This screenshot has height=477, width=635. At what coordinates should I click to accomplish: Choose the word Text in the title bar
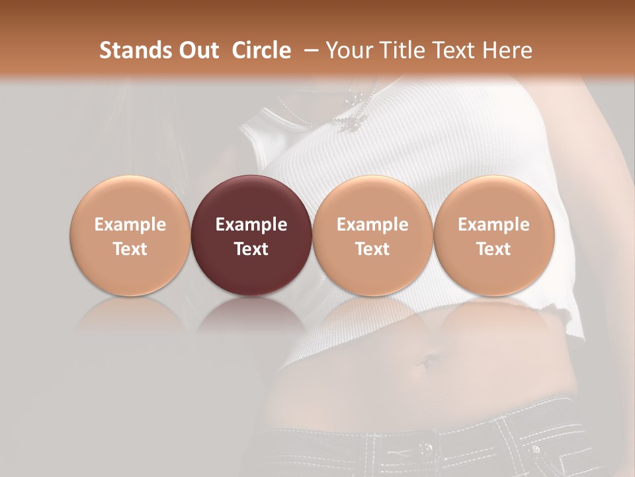(x=456, y=50)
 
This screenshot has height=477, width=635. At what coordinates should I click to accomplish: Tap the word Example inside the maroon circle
(x=251, y=225)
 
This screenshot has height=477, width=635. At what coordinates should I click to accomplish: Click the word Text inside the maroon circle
(x=251, y=249)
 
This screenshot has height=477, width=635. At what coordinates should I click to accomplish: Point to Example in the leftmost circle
(x=130, y=225)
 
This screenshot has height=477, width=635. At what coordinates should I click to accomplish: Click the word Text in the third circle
(x=372, y=249)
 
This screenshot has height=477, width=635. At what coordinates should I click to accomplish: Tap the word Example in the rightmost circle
(x=493, y=225)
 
